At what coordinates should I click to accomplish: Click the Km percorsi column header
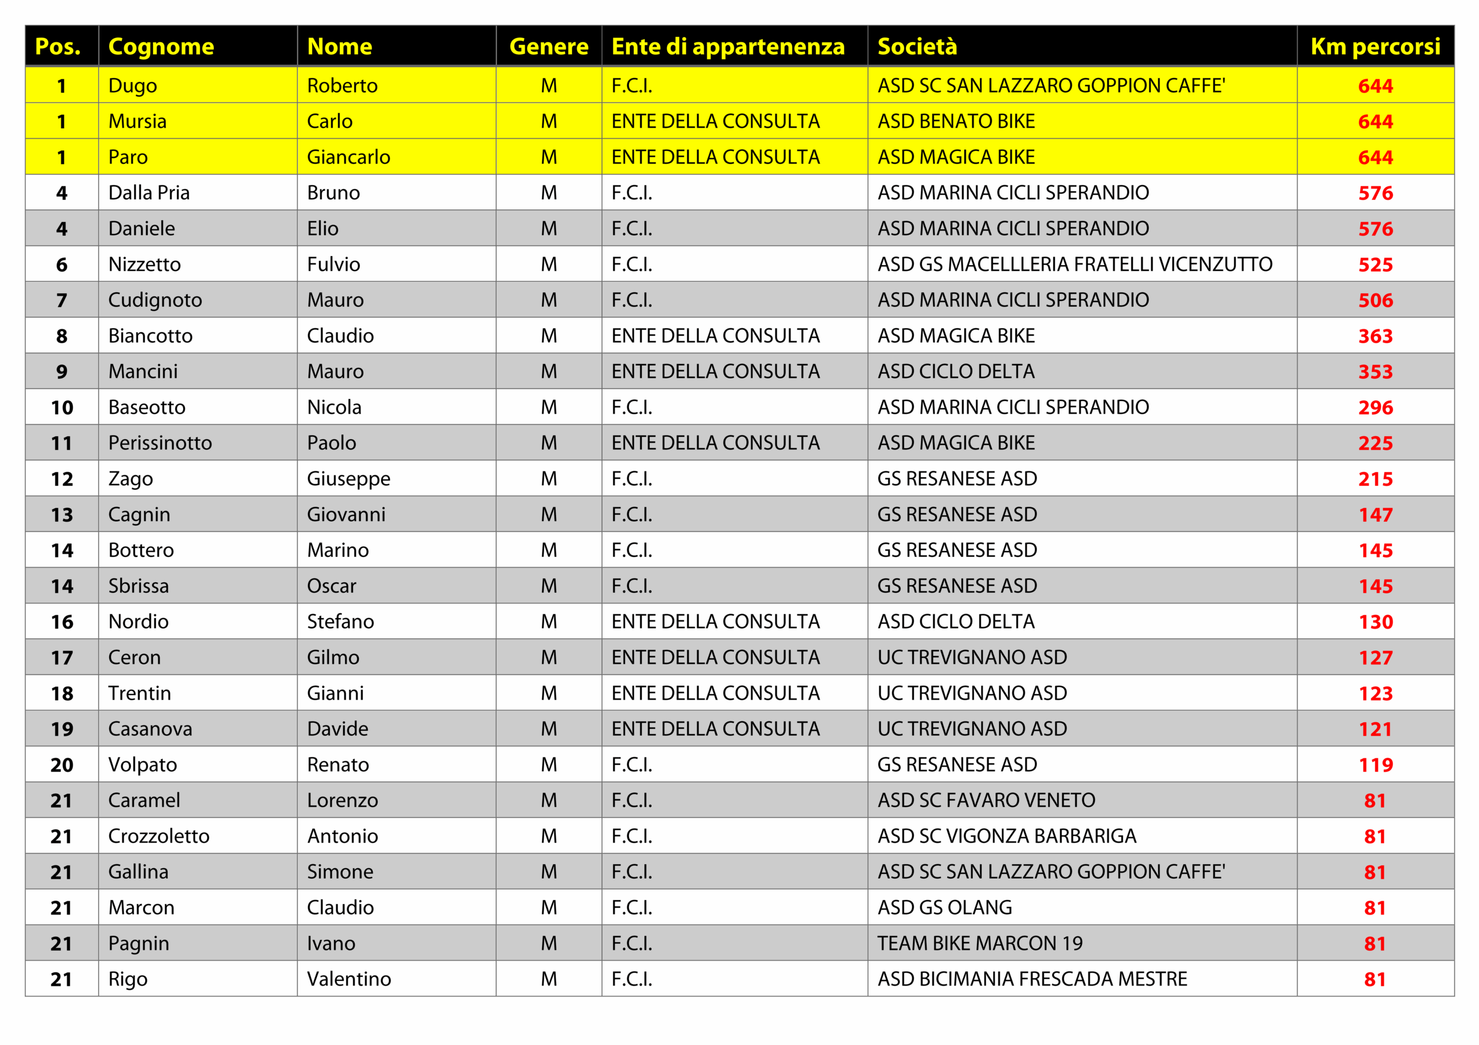[x=1374, y=46]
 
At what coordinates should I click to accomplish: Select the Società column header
[x=917, y=46]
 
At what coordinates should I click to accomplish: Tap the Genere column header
[x=548, y=46]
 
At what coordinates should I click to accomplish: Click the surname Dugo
[x=133, y=85]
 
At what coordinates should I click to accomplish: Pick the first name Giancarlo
[x=348, y=157]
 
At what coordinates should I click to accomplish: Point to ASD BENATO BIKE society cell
[x=956, y=121]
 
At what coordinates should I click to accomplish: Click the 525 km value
[x=1375, y=265]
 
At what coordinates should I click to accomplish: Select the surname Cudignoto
[x=155, y=300]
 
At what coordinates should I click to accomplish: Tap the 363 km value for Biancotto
[x=1375, y=336]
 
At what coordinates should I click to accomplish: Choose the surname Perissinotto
[x=160, y=443]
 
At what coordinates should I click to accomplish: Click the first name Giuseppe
[x=348, y=479]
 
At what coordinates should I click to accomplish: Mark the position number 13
[x=62, y=515]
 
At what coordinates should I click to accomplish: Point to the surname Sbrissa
[x=139, y=586]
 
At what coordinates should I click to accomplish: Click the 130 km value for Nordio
[x=1375, y=622]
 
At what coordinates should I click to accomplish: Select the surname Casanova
[x=150, y=730]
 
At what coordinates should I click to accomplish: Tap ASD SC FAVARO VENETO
[x=986, y=800]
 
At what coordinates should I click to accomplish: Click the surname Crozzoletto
[x=158, y=836]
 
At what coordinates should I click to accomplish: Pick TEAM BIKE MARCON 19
[x=980, y=943]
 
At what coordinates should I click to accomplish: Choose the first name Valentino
[x=348, y=979]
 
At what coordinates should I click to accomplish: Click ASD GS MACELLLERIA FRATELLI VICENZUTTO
[x=1075, y=264]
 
